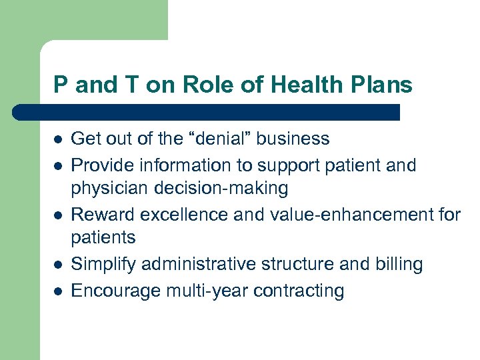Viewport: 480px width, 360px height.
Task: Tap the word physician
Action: (x=111, y=189)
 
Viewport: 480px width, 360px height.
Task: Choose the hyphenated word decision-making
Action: (x=222, y=189)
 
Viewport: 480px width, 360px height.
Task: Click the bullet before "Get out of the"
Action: (x=58, y=139)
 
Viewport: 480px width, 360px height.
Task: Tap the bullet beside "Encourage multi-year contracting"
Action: (x=58, y=291)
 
